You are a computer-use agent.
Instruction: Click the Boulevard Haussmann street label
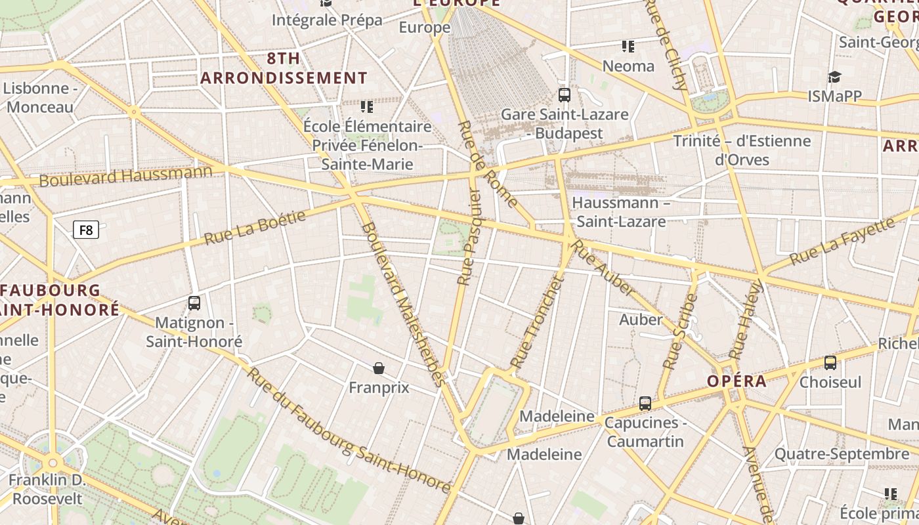(x=126, y=176)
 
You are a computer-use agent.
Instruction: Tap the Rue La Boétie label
(x=255, y=228)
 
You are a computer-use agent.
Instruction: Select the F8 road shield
(x=86, y=230)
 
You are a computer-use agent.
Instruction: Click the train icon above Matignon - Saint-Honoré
(x=194, y=303)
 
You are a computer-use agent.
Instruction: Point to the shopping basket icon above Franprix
(x=379, y=368)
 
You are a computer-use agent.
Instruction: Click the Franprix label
(x=379, y=388)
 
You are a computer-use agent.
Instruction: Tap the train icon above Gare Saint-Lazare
(x=564, y=95)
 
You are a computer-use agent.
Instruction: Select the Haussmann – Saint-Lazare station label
(x=620, y=212)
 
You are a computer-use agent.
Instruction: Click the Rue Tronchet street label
(x=538, y=322)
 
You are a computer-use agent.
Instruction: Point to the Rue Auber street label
(x=603, y=268)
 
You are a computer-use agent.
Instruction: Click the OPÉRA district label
(x=737, y=381)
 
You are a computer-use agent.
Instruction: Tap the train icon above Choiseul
(x=830, y=363)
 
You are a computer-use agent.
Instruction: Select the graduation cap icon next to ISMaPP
(x=834, y=77)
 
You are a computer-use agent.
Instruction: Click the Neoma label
(x=628, y=66)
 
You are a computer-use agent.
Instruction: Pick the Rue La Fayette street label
(x=842, y=241)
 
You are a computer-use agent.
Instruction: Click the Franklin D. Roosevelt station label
(x=47, y=490)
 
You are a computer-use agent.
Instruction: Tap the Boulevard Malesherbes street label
(x=403, y=304)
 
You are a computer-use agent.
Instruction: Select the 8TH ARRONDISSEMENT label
(x=284, y=68)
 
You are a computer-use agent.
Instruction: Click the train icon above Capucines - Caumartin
(x=645, y=404)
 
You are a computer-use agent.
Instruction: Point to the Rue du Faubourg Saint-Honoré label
(x=349, y=431)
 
